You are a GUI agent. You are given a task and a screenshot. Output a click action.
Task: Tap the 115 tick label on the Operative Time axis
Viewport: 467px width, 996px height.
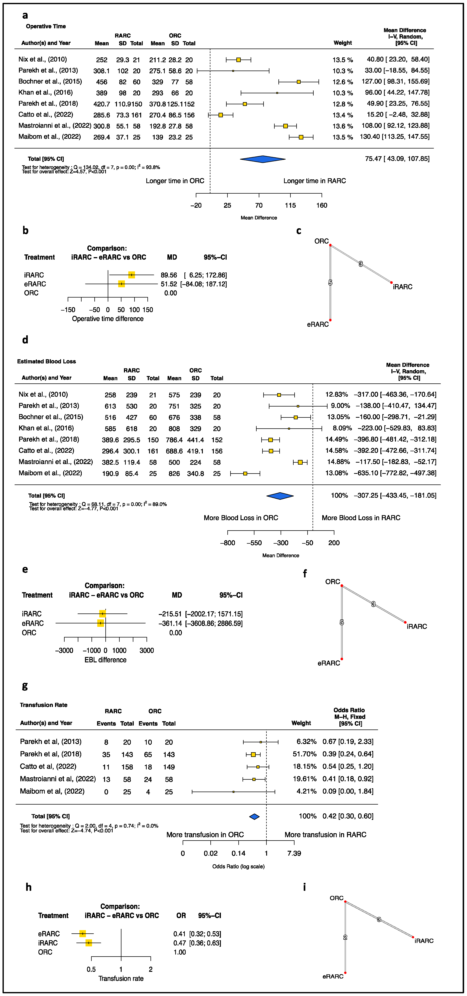290,205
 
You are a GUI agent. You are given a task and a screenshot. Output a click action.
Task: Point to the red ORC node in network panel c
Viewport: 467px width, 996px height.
330,245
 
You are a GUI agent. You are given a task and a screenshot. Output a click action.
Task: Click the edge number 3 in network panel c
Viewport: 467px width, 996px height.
361,264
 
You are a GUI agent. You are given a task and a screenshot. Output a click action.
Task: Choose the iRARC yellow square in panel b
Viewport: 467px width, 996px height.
131,275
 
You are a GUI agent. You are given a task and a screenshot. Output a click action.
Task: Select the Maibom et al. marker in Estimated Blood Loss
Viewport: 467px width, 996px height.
245,473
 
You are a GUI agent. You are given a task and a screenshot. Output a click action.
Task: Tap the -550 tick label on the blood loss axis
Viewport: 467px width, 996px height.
254,543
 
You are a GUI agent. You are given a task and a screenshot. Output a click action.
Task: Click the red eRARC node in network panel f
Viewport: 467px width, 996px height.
342,659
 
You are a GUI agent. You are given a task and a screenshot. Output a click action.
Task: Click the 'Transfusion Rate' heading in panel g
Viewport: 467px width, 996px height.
44,705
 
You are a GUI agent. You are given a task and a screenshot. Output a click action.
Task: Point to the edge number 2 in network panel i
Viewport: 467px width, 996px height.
345,937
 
